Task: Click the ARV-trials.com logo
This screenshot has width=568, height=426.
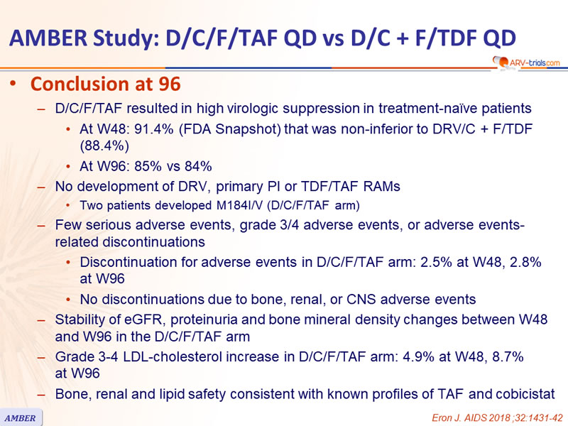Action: click(x=526, y=62)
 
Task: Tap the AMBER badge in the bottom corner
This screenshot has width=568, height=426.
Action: click(x=21, y=418)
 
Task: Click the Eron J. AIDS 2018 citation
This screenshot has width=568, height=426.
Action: click(x=497, y=417)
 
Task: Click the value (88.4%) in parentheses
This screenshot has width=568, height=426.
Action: click(x=104, y=146)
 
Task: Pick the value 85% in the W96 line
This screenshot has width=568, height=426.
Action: click(x=148, y=166)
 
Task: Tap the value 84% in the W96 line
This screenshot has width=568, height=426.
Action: click(x=198, y=166)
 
